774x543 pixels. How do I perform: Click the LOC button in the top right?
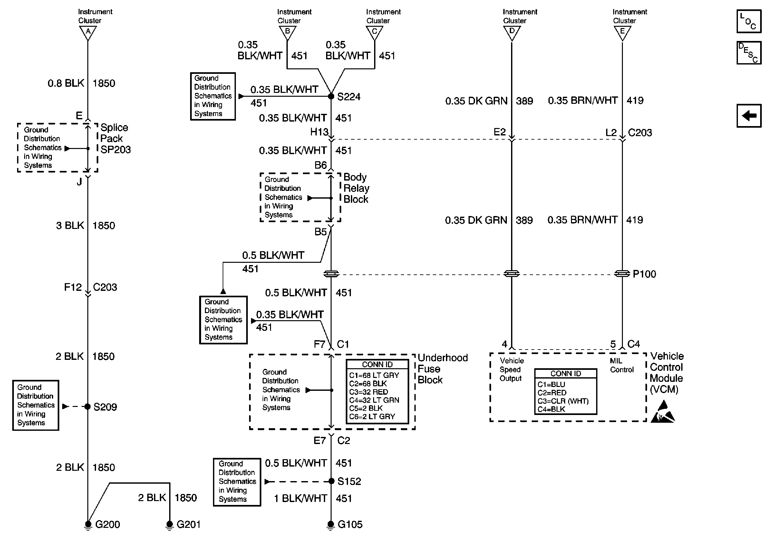pos(749,21)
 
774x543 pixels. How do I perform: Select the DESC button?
pos(749,53)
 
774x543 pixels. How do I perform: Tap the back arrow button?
pos(749,116)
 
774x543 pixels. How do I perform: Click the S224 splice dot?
pos(331,96)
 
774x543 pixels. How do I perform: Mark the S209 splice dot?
pos(88,406)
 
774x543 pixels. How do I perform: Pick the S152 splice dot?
pos(331,481)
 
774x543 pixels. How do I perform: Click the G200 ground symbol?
pos(88,525)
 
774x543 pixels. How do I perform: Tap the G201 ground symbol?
pos(169,525)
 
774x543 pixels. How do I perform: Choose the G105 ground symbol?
pos(331,525)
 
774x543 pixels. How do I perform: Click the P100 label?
pos(644,274)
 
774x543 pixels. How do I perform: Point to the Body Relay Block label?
pos(356,188)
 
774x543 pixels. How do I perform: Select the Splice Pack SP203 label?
pos(115,139)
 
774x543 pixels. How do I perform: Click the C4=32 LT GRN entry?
pos(374,400)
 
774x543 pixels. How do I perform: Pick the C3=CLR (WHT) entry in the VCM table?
pos(563,401)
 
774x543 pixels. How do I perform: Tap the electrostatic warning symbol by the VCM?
pos(663,412)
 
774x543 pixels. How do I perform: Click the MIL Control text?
pos(622,365)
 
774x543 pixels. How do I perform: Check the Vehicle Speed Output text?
pos(511,370)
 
